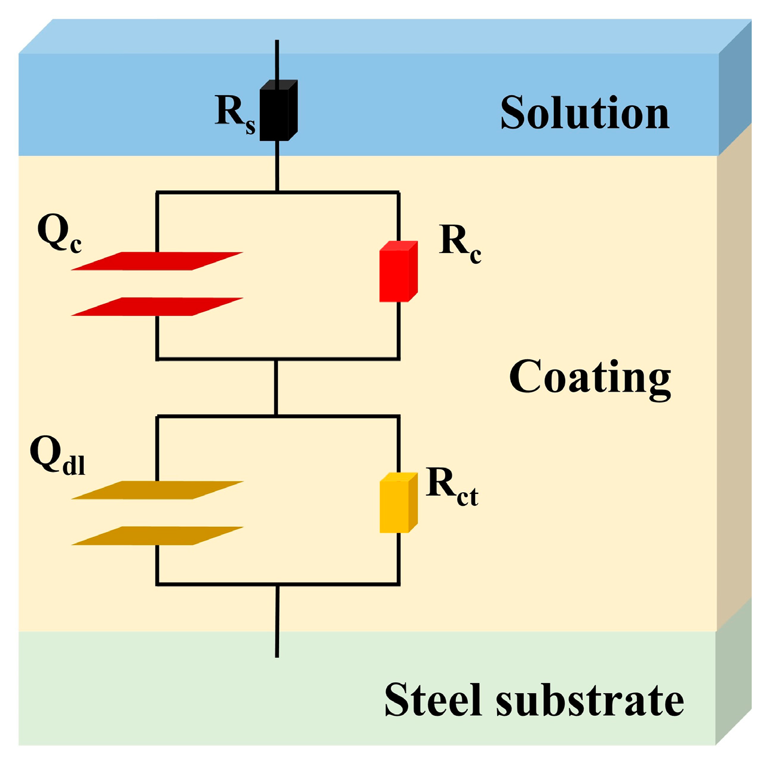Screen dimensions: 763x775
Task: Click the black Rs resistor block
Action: (277, 111)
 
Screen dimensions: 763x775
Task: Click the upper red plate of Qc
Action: (157, 261)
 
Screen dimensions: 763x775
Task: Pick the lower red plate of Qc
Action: (157, 307)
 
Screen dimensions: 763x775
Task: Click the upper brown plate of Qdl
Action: (157, 490)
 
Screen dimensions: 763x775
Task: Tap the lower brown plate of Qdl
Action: (157, 536)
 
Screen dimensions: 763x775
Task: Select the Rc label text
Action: (460, 243)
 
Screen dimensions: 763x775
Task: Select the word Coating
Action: (590, 379)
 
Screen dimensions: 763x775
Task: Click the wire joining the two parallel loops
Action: (277, 387)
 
